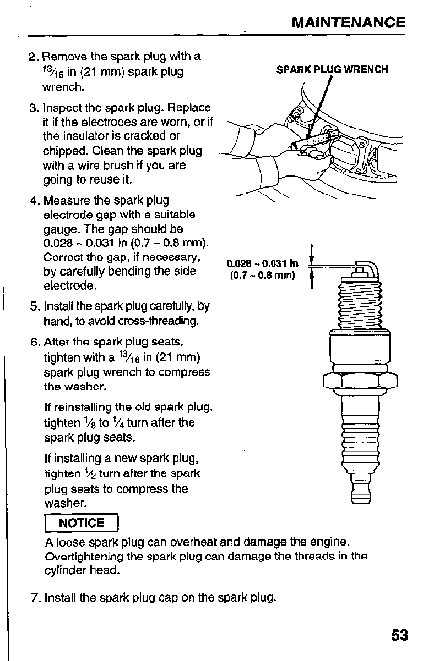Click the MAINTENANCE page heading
[348, 23]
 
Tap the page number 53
[400, 636]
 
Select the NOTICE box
[82, 523]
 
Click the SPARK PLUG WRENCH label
[332, 69]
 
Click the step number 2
[32, 57]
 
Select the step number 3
[32, 107]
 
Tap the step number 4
[32, 200]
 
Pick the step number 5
[32, 306]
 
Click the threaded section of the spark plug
[359, 305]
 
